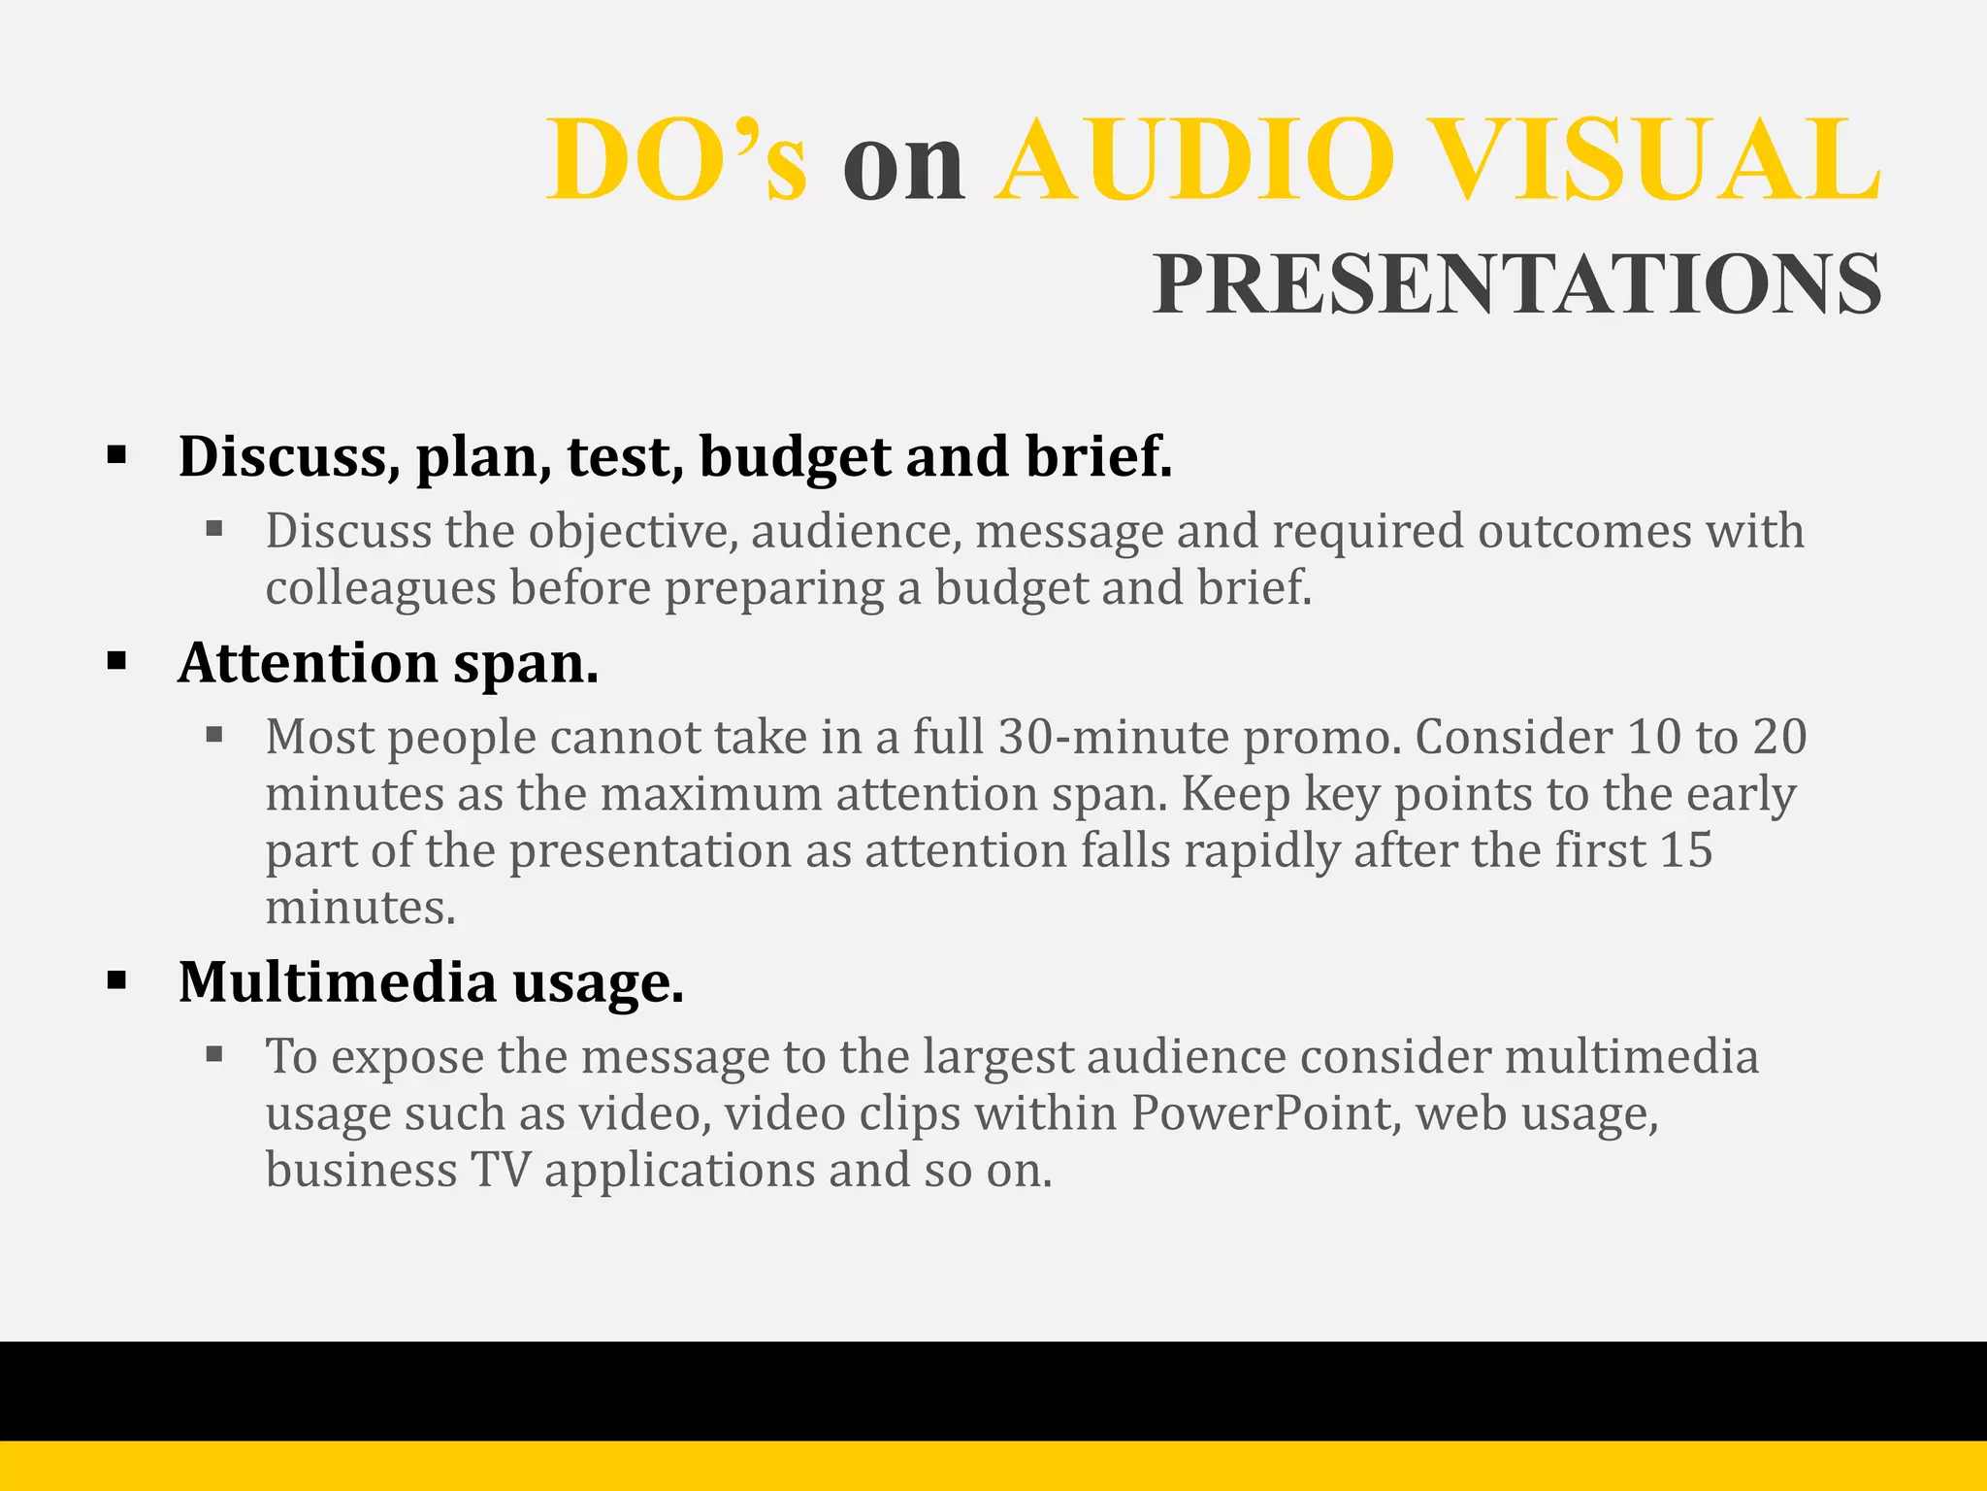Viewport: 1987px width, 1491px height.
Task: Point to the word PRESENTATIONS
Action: point(1516,284)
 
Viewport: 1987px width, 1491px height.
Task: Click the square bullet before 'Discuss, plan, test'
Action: point(117,454)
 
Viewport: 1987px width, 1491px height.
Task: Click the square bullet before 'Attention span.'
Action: point(117,662)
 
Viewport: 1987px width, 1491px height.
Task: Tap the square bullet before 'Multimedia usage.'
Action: point(117,980)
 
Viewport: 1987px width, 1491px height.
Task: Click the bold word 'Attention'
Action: point(308,663)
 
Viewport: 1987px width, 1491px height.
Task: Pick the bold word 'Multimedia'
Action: point(337,981)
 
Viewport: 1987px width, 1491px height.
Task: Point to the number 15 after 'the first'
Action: point(1686,850)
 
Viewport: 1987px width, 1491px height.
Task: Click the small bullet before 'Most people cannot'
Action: point(214,735)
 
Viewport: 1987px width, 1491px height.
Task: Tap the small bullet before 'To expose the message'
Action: point(214,1053)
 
